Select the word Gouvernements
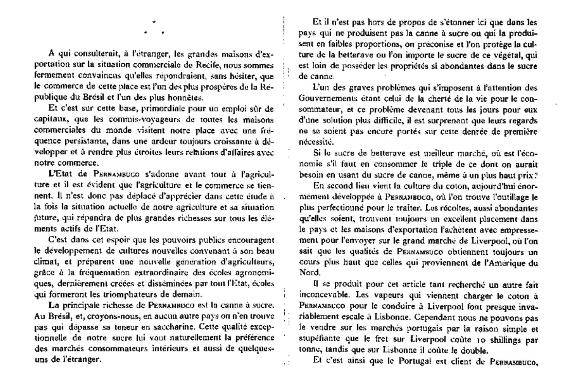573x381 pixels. tap(324, 99)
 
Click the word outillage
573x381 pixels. tap(508, 197)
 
